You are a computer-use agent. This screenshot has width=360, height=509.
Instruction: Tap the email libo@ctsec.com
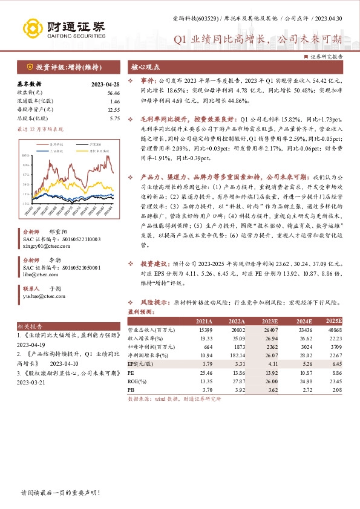click(36, 273)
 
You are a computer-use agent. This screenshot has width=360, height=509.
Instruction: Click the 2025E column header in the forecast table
click(333, 321)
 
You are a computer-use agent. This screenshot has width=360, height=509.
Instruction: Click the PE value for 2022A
click(237, 374)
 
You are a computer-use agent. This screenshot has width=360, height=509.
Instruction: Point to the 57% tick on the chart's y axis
click(26, 173)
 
